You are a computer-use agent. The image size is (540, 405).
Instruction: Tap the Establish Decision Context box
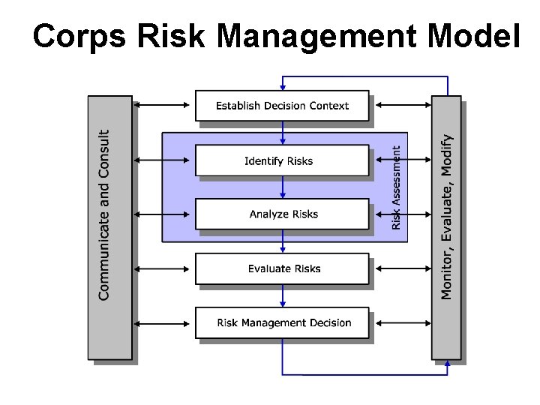point(282,106)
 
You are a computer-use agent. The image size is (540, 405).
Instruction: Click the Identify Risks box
point(282,160)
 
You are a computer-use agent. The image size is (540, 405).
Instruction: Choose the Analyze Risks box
point(282,214)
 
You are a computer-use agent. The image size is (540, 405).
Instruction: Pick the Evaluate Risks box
point(282,268)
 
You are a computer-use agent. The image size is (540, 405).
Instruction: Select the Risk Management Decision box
point(282,323)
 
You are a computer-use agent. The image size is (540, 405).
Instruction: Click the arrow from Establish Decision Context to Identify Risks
point(283,133)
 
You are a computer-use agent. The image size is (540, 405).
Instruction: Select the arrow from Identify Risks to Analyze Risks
point(283,187)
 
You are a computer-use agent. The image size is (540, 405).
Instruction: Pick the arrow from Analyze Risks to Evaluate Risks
point(283,241)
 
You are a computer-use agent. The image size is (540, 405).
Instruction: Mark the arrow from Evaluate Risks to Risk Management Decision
point(283,295)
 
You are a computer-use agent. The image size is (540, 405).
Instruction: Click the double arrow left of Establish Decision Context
point(163,105)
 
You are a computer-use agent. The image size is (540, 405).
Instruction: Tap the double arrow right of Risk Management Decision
point(401,323)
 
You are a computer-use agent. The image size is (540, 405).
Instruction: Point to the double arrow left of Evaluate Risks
point(163,268)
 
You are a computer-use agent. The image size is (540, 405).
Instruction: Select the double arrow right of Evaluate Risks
point(401,268)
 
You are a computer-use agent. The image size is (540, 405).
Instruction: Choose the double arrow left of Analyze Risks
point(163,214)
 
